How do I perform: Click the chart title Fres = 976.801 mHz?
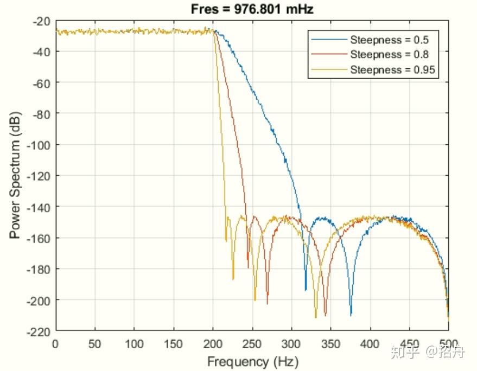pyautogui.click(x=252, y=9)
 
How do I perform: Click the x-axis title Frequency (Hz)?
pyautogui.click(x=252, y=361)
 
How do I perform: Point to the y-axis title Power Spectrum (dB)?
pyautogui.click(x=15, y=176)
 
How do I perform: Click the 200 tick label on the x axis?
pyautogui.click(x=213, y=344)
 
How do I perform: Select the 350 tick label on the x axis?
pyautogui.click(x=330, y=344)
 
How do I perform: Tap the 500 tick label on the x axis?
pyautogui.click(x=448, y=344)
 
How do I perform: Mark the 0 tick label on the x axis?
pyautogui.click(x=56, y=344)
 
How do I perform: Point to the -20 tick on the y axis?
pyautogui.click(x=42, y=21)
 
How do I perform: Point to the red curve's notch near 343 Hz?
pyautogui.click(x=325, y=314)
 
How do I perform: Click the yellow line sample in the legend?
pyautogui.click(x=328, y=70)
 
